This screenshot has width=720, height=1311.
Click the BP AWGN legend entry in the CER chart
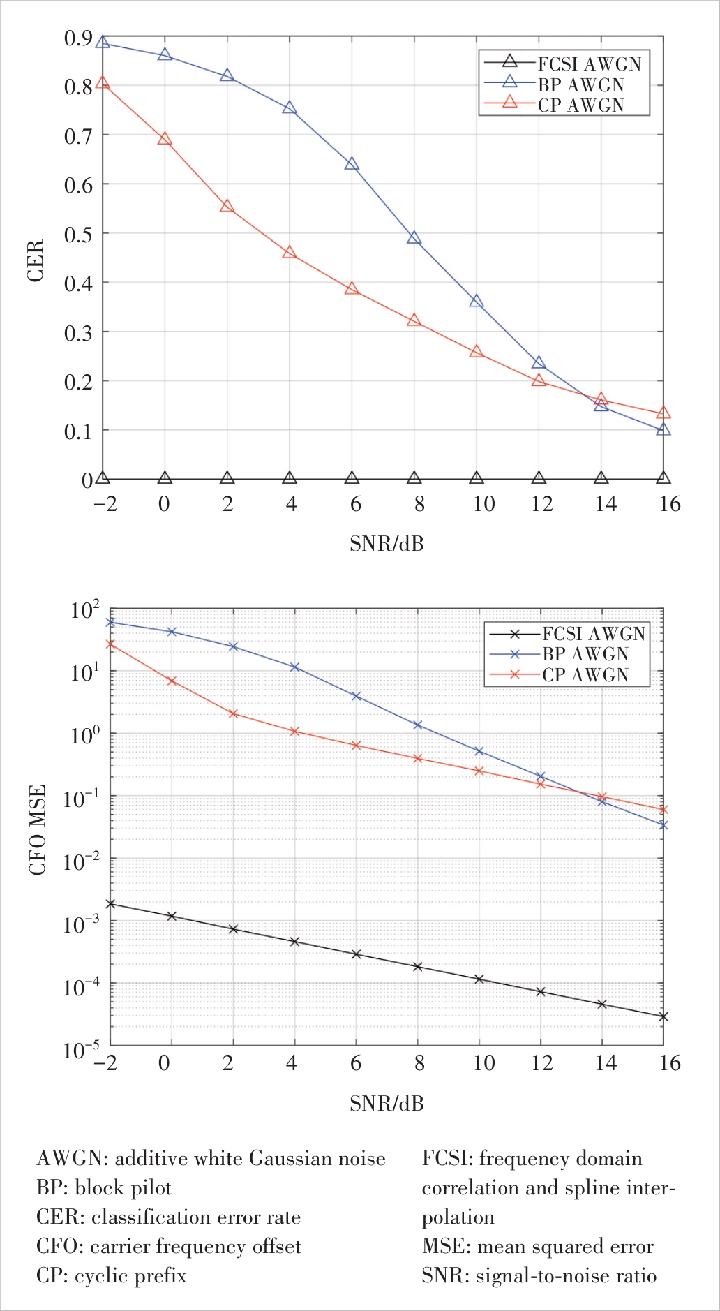[x=580, y=84]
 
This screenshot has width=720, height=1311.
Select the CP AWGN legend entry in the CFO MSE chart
[x=585, y=674]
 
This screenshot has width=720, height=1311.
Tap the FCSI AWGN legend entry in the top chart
[x=588, y=64]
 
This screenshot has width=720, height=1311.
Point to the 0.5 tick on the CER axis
[x=77, y=235]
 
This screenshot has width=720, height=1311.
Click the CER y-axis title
[x=36, y=260]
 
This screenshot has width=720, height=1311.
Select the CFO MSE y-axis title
[x=37, y=829]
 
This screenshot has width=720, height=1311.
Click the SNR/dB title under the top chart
[x=387, y=543]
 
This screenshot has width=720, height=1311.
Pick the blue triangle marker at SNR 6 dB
[x=352, y=164]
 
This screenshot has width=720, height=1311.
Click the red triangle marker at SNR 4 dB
[x=290, y=253]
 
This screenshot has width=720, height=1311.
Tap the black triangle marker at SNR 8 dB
[x=414, y=478]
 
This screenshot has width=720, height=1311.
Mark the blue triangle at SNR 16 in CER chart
[x=663, y=429]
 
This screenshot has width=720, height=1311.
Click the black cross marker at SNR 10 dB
[x=479, y=979]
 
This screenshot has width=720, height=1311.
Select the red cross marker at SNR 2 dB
[x=233, y=713]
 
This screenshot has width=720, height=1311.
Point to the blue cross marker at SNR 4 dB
[x=294, y=667]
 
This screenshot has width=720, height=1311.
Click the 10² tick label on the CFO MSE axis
[x=85, y=611]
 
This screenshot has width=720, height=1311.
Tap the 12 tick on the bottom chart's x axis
[x=541, y=1063]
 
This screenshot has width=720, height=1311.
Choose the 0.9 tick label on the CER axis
[x=77, y=38]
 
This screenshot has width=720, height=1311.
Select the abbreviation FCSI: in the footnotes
[x=447, y=1159]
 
